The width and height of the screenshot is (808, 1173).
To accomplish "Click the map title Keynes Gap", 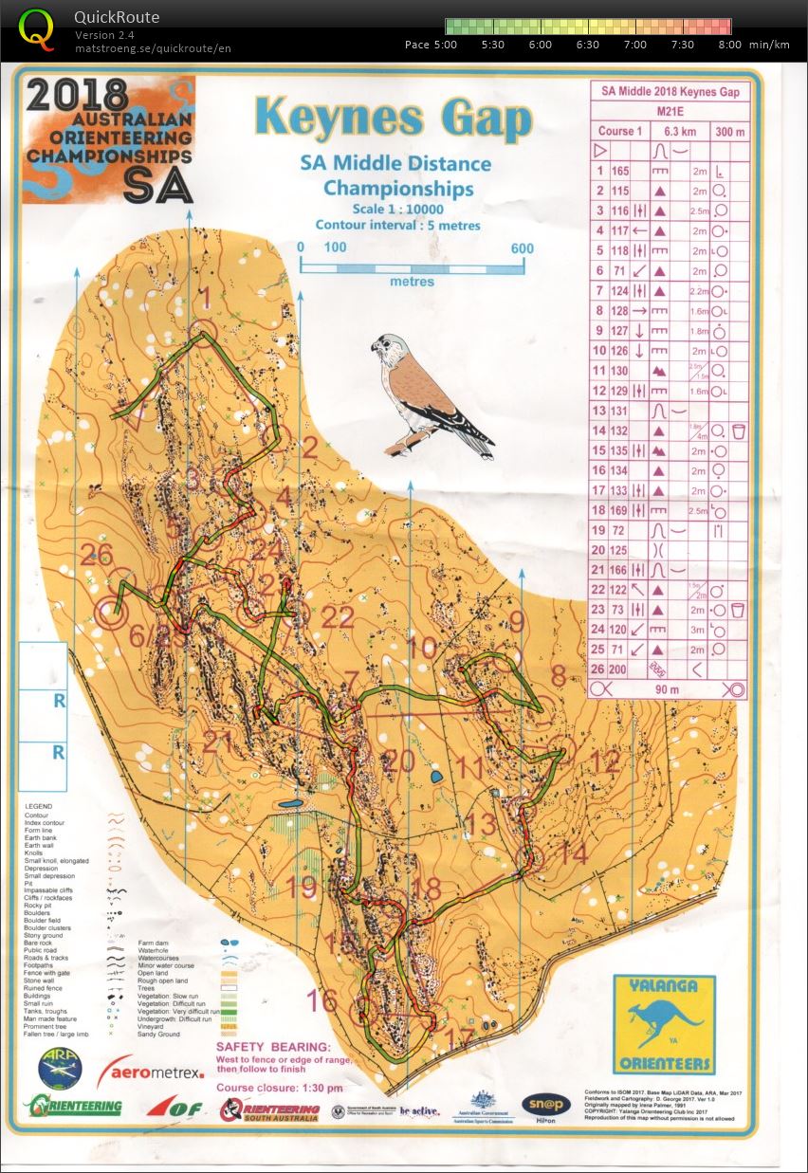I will click(x=394, y=118).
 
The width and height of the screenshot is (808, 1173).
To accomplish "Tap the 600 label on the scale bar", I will click(x=521, y=248).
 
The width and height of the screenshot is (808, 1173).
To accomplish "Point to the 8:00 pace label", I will click(x=730, y=45).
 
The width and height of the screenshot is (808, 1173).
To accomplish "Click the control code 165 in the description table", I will click(x=620, y=172).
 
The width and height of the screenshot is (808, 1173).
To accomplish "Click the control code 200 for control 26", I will click(x=620, y=669).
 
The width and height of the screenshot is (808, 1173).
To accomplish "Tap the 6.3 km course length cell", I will click(x=671, y=131).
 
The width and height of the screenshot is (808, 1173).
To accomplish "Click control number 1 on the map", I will click(x=202, y=300).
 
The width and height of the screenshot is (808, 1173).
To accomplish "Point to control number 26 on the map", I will click(x=96, y=554).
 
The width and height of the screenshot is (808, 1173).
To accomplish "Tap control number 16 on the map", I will click(x=321, y=999).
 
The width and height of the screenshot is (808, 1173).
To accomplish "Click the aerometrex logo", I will click(x=158, y=1071).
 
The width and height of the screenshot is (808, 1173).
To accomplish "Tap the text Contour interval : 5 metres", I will click(x=397, y=226).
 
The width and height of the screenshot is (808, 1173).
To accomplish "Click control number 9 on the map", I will click(x=517, y=621).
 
